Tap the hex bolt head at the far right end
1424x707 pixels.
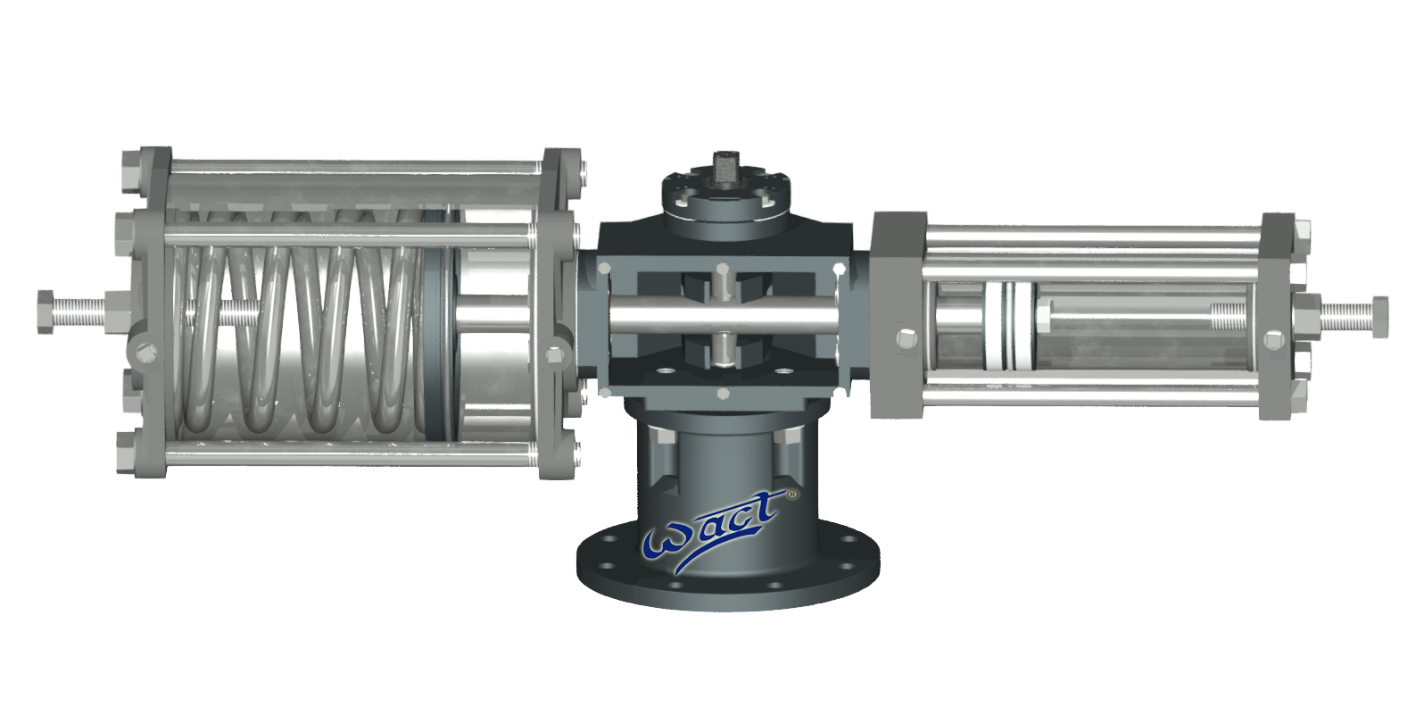pos(1378,318)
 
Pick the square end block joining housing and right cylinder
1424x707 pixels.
pos(897,312)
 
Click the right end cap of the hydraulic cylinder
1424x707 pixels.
pos(1278,317)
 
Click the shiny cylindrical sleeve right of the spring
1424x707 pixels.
pos(495,326)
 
